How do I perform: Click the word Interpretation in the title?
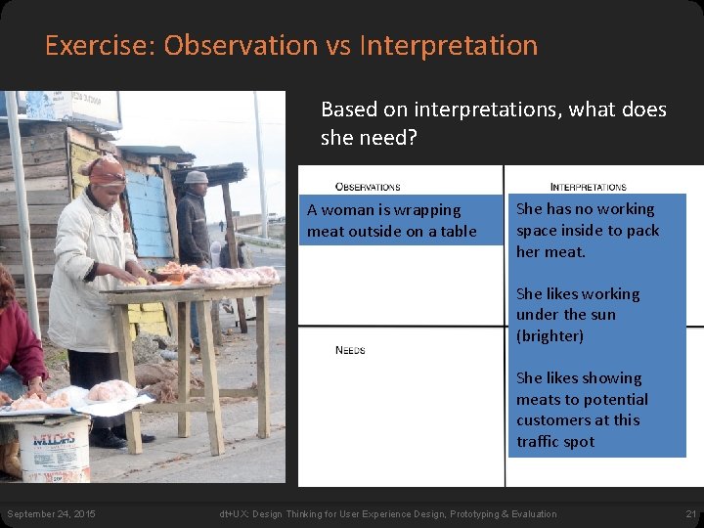pyautogui.click(x=449, y=46)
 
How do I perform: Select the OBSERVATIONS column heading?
pyautogui.click(x=368, y=186)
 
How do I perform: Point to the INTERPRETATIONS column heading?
pyautogui.click(x=588, y=186)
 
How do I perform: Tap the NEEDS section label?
pyautogui.click(x=349, y=350)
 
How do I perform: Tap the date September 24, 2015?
pyautogui.click(x=51, y=514)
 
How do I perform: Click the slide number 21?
pyautogui.click(x=690, y=514)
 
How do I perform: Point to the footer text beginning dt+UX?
pyautogui.click(x=388, y=514)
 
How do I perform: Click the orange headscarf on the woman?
pyautogui.click(x=105, y=173)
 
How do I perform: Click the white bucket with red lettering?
pyautogui.click(x=55, y=448)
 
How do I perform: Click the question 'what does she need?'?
pyautogui.click(x=494, y=123)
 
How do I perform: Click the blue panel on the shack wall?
pyautogui.click(x=147, y=210)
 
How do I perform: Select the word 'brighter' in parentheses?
pyautogui.click(x=550, y=335)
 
